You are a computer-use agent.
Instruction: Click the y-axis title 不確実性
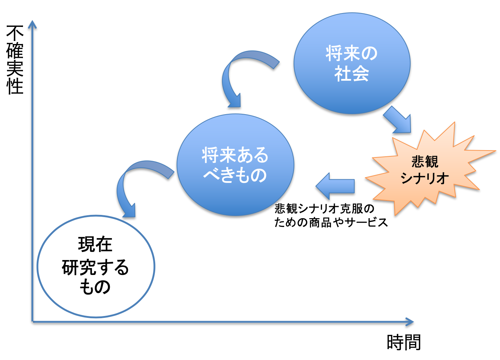15,60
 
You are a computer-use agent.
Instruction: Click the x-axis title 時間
404,343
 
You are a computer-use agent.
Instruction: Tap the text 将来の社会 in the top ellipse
352,63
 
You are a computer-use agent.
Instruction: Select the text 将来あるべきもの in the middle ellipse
235,165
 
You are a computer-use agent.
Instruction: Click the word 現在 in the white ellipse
95,244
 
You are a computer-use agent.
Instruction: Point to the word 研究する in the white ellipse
95,267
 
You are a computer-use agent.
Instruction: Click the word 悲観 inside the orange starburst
425,161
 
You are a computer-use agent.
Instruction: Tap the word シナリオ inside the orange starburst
424,178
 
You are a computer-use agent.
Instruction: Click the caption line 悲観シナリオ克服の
324,209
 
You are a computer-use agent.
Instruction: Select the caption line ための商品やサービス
331,223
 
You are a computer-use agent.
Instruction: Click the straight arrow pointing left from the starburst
335,186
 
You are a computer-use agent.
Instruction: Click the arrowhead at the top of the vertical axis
32,24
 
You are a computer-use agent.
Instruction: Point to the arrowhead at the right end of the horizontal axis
410,322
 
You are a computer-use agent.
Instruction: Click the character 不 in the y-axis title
15,33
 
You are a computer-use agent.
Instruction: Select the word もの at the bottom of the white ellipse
95,287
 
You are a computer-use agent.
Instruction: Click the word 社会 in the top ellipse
352,73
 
